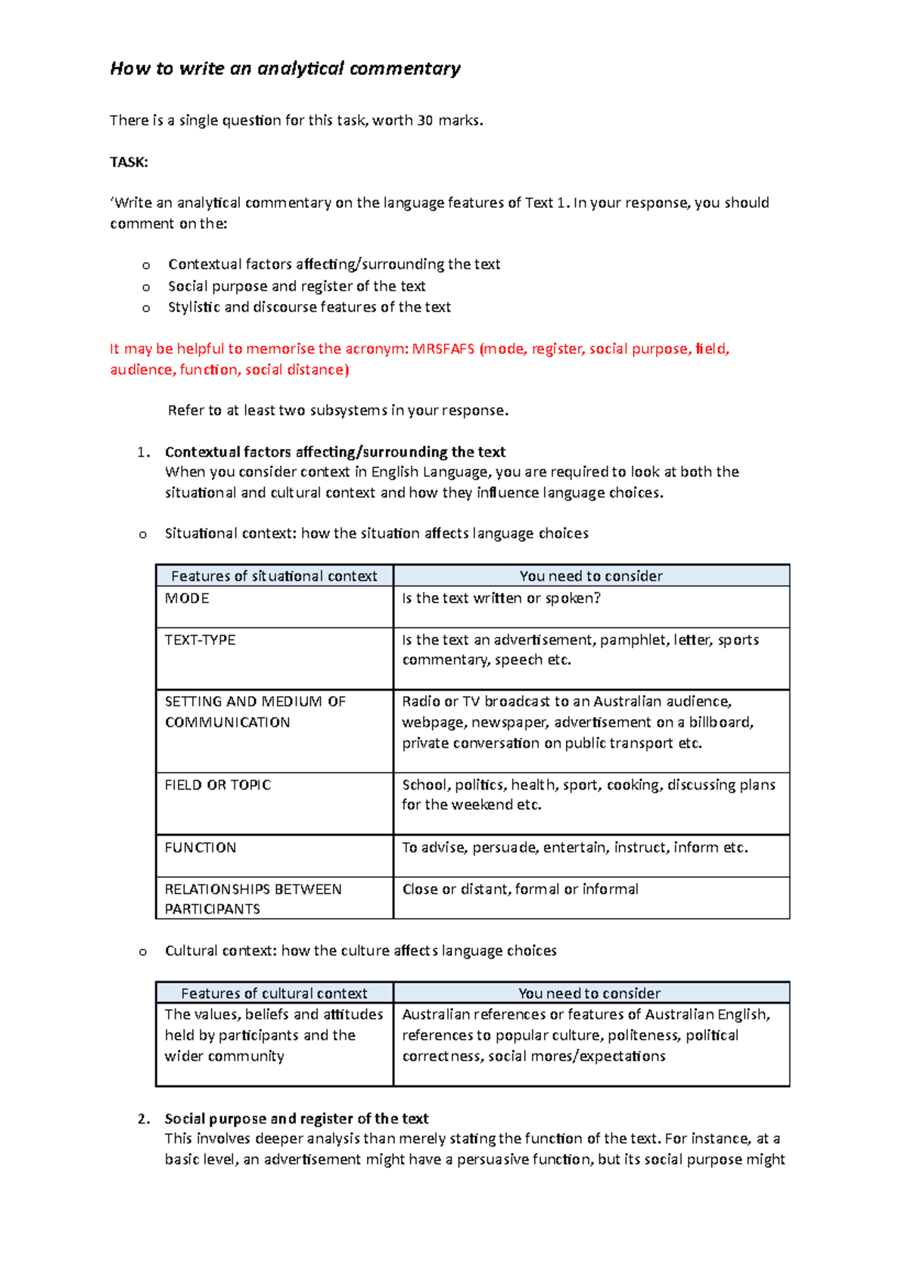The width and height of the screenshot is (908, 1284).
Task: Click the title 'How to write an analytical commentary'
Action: [285, 69]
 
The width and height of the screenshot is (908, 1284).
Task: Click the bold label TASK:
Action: [129, 162]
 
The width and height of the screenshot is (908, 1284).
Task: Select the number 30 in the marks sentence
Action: [424, 120]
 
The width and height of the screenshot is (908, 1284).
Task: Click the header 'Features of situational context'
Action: [274, 576]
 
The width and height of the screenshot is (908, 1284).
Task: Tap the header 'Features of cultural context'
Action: [274, 993]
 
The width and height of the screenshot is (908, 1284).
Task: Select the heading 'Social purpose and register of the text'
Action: [297, 1118]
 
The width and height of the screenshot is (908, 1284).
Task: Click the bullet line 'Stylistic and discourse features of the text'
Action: [309, 307]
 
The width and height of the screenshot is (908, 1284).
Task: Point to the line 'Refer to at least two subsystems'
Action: [337, 411]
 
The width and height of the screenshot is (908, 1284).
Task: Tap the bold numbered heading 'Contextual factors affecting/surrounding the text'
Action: [335, 452]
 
